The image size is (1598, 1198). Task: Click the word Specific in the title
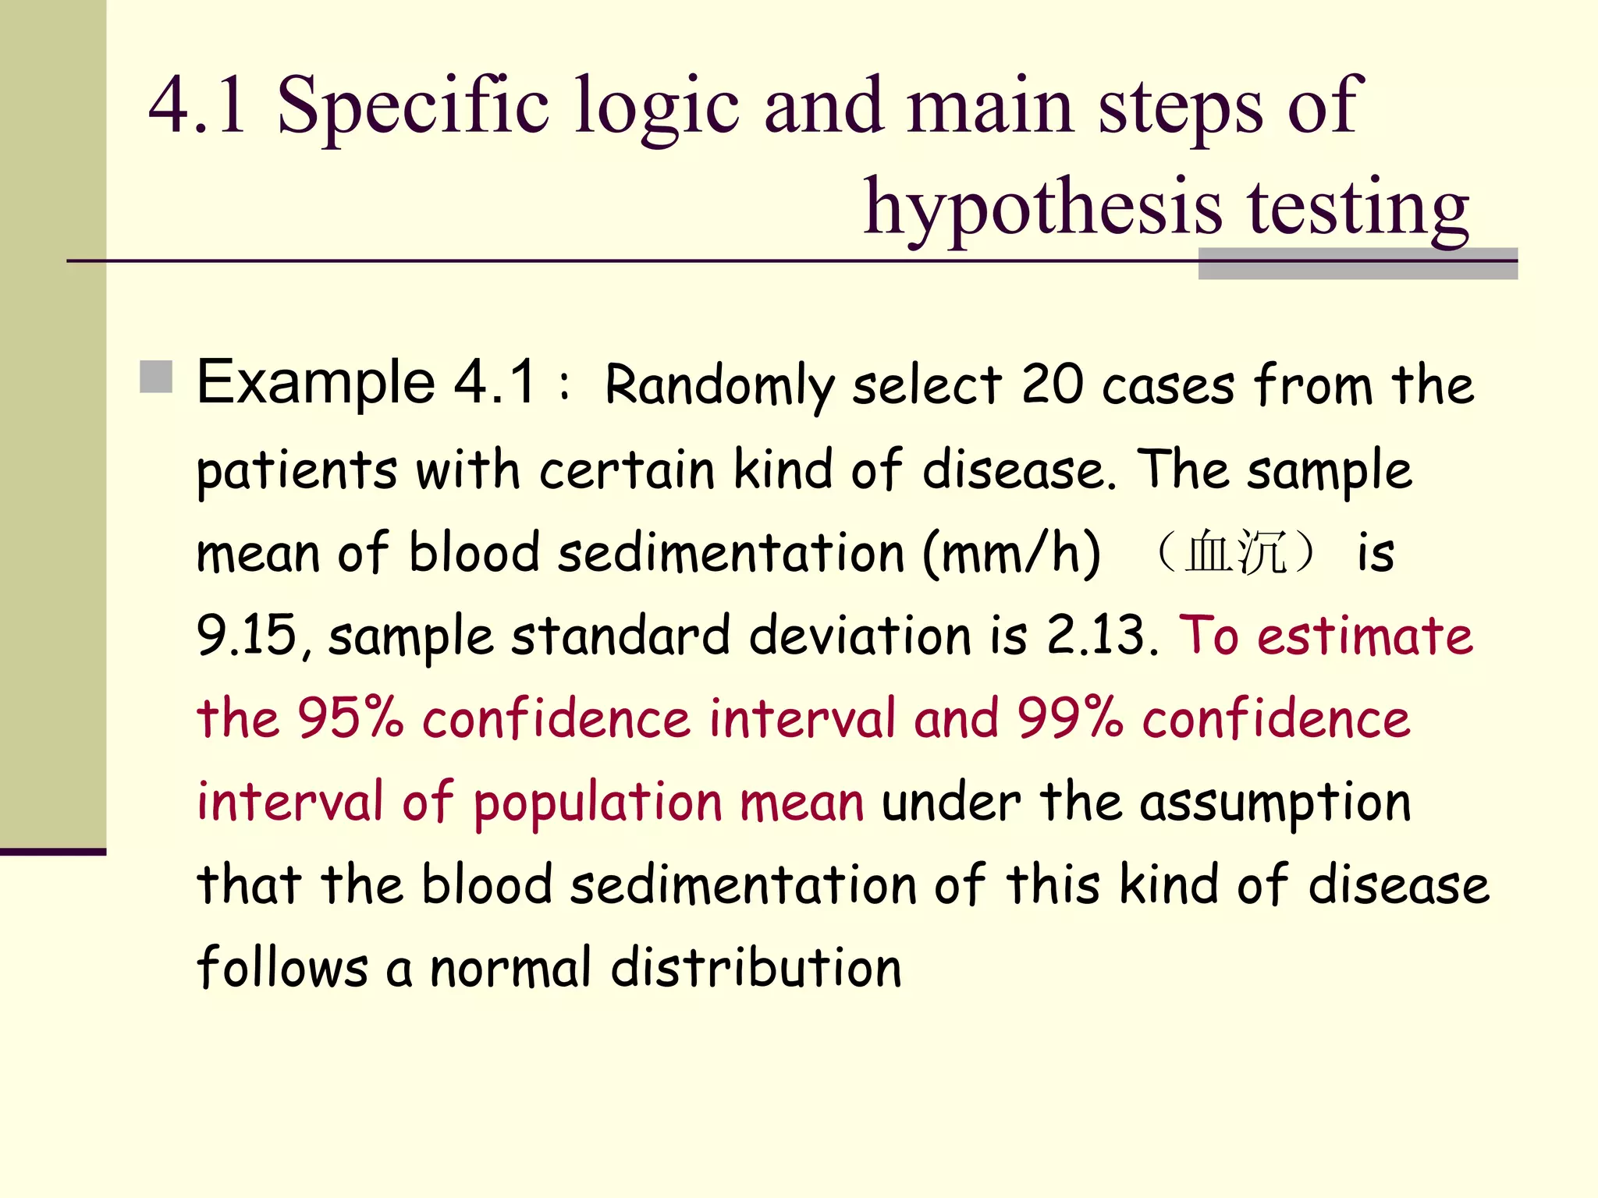pos(413,105)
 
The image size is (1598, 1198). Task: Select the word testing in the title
pos(1358,207)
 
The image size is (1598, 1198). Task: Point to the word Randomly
pos(719,385)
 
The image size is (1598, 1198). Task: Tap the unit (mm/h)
pos(1011,553)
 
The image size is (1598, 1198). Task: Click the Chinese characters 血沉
pos(1235,553)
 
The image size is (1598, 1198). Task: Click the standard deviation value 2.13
pos(1096,635)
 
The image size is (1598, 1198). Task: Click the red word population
pos(598,803)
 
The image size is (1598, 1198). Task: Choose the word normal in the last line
pos(510,967)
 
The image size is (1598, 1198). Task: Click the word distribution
pos(755,967)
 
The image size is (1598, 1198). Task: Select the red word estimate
pos(1365,635)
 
